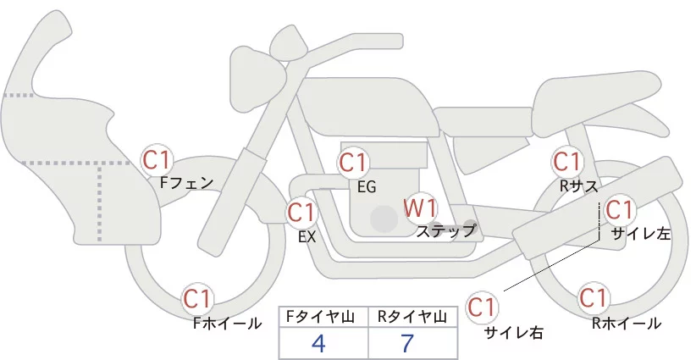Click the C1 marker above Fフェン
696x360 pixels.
click(157, 159)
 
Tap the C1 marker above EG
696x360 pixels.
click(353, 162)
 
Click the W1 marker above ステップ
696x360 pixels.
click(420, 207)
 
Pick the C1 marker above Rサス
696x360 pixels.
click(566, 160)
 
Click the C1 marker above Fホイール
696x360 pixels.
click(199, 299)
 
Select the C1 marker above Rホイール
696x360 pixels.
click(593, 298)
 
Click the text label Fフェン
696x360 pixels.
click(186, 181)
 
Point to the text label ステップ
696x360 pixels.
click(445, 230)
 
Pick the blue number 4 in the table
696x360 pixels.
click(318, 343)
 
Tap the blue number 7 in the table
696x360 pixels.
click(408, 343)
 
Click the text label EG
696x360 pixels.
click(366, 186)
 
